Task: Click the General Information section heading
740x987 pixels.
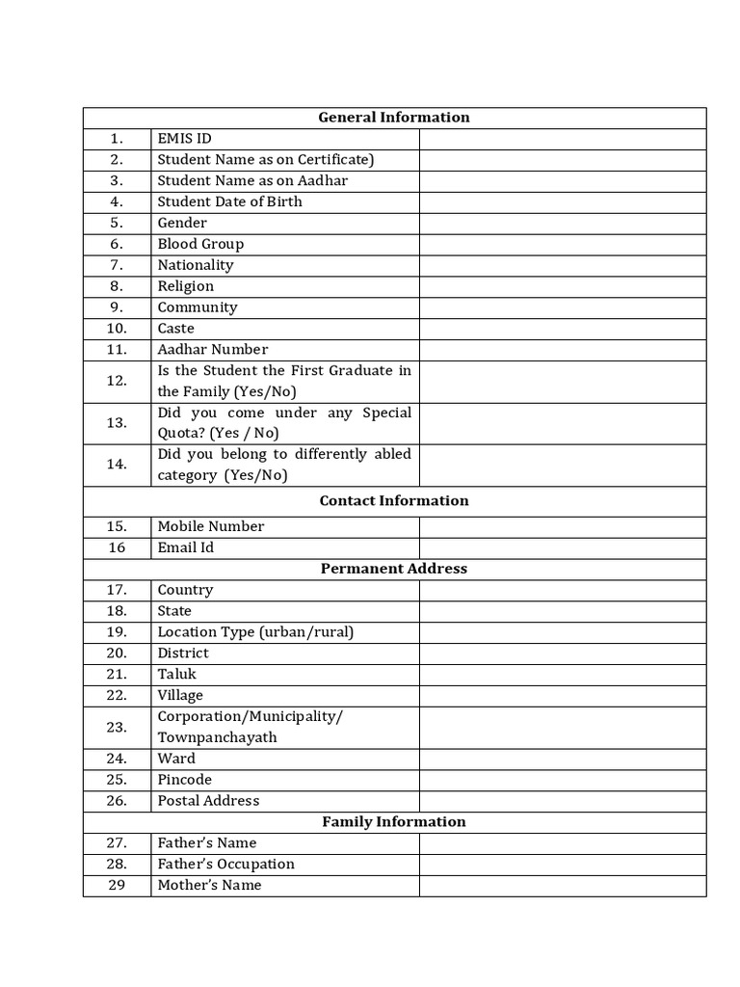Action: (394, 118)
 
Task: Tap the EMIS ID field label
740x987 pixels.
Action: (184, 139)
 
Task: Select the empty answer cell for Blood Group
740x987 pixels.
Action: (563, 244)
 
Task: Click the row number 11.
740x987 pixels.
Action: (117, 350)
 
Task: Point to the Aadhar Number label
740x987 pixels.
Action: (213, 350)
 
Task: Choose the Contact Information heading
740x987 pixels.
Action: (394, 500)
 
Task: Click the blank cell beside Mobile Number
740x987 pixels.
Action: (563, 526)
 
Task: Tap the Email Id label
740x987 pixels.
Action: (186, 547)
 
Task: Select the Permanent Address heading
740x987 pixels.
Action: (394, 569)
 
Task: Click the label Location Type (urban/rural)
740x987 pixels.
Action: (255, 632)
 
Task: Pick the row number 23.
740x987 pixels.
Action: (117, 728)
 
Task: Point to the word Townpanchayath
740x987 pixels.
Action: (217, 737)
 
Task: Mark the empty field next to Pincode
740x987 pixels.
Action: (563, 780)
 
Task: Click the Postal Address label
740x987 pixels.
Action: (208, 801)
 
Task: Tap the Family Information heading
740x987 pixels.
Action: (394, 822)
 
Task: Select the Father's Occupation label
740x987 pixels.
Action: (225, 865)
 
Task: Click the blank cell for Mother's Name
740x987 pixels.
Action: (563, 886)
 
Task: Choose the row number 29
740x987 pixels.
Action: (117, 886)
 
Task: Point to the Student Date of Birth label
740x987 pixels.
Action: (229, 202)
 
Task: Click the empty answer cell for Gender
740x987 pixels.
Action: (563, 223)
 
